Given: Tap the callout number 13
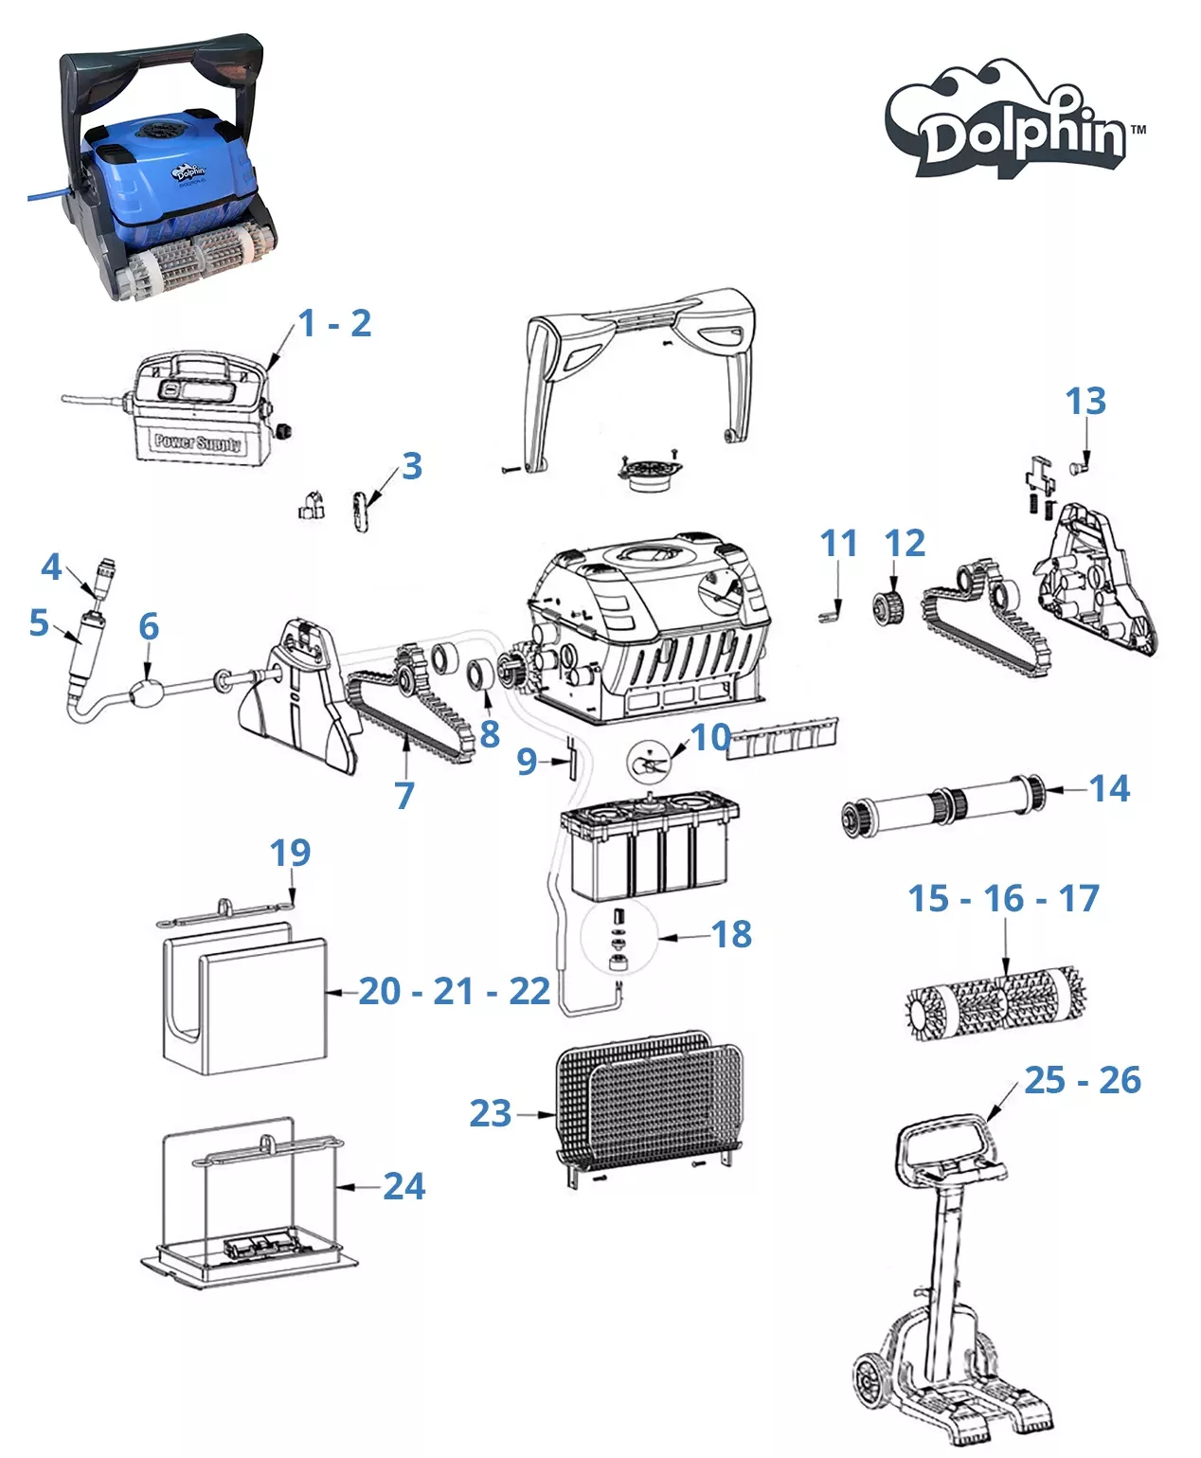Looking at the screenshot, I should coord(1085,402).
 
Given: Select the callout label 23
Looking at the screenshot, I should coord(491,1113).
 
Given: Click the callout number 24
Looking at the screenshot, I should coord(404,1186).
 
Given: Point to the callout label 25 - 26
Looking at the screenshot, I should coord(1082,1080).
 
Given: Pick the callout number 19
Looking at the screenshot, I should coord(290,853).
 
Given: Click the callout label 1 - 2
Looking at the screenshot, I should coord(334,324).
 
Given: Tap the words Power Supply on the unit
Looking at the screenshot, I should coord(198,442).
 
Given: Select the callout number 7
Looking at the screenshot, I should coord(404,796).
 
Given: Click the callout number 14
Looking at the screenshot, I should coord(1109,788).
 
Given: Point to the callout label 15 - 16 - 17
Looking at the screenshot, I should coord(1003,898).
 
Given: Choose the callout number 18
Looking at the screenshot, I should coord(731,934).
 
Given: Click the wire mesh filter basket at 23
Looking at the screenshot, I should coord(649,1098).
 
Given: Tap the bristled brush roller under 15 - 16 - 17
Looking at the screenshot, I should coord(996,1001).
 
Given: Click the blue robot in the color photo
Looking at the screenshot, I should coord(170,180).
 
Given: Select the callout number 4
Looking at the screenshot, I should coord(51,567).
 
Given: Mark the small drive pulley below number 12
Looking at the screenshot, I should coord(888,603).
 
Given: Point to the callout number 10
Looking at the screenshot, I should coord(710,736).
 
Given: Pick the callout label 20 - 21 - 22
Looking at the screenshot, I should coord(454,992).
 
